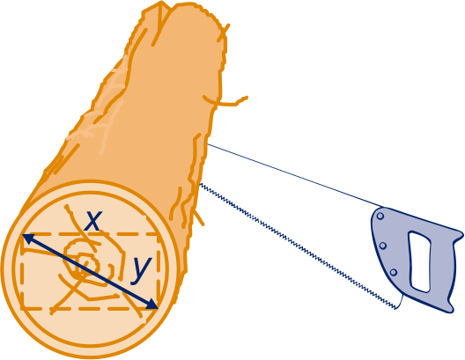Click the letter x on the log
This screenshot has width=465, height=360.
click(93, 221)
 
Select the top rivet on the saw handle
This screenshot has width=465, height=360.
click(380, 217)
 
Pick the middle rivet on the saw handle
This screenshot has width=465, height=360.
click(383, 246)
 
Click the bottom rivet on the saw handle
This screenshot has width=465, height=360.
click(394, 272)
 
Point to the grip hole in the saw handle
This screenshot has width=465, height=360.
click(420, 261)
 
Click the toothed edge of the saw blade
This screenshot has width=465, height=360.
click(298, 246)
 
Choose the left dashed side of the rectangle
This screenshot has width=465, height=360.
click(22, 271)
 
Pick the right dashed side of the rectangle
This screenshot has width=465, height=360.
click(159, 271)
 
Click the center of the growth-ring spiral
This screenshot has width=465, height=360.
click(85, 264)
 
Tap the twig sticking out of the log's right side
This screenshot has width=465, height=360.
click(227, 101)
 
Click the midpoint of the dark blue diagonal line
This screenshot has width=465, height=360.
click(90, 271)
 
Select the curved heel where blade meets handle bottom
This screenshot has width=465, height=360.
click(401, 302)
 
